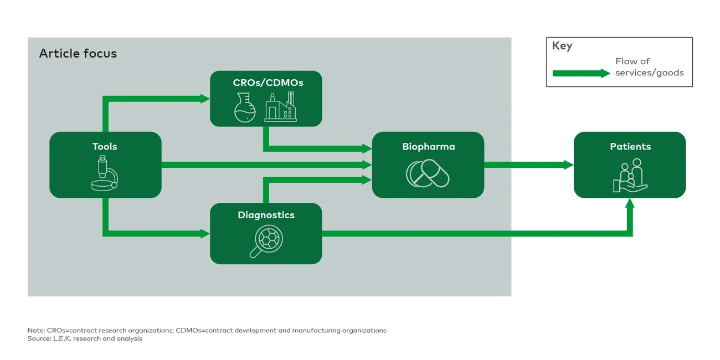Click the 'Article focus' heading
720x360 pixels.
78,54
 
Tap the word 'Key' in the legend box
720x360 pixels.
562,46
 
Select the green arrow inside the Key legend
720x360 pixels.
581,73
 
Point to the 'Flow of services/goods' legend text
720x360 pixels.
649,67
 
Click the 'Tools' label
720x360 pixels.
105,147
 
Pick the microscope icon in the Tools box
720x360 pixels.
105,173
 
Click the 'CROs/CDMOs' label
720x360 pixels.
268,83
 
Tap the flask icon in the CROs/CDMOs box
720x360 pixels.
245,107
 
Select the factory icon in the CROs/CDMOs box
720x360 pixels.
280,107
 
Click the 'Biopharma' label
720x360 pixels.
428,147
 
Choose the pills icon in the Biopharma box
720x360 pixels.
428,174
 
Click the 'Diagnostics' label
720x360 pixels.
266,215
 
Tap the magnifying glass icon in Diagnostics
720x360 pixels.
265,241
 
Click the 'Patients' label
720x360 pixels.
630,147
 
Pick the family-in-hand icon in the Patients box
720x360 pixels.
630,176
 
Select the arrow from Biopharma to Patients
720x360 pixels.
528,165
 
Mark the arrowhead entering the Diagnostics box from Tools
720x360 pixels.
205,234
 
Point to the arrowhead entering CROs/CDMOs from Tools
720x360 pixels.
205,99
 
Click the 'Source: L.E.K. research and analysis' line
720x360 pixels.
85,338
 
